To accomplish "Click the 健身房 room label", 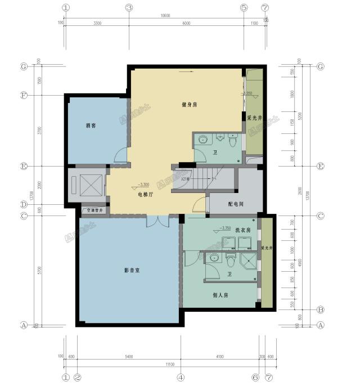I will (x=189, y=105).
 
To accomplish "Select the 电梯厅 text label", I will (x=146, y=194).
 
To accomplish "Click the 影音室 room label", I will (x=132, y=271).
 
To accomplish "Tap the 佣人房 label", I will (x=220, y=295).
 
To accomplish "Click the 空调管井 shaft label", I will (x=94, y=211).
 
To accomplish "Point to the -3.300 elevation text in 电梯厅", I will (x=143, y=185).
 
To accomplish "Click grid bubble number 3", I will (x=129, y=8).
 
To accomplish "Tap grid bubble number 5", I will (x=244, y=8).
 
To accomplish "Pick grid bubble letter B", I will (x=320, y=309).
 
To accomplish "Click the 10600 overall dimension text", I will (x=165, y=15).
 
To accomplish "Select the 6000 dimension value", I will (x=186, y=23).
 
